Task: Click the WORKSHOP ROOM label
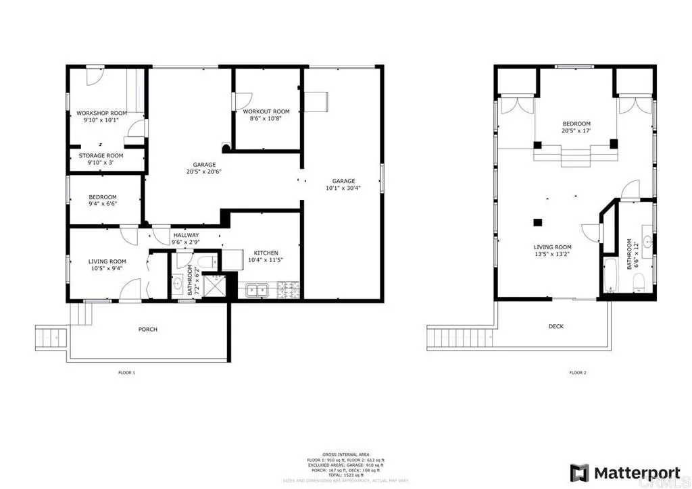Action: click(x=101, y=113)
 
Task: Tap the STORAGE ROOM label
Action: click(x=101, y=155)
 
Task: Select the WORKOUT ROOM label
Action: click(x=266, y=111)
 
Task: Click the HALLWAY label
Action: click(x=184, y=235)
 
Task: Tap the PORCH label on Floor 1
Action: click(x=148, y=330)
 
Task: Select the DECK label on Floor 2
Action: click(x=555, y=326)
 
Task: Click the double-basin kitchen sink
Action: click(x=257, y=291)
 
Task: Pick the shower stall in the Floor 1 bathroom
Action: click(x=215, y=286)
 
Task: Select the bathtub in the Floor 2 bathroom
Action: click(x=608, y=276)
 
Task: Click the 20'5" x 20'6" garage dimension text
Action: click(x=204, y=172)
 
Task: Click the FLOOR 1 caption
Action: click(x=126, y=372)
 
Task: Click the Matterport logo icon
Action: click(x=579, y=471)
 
